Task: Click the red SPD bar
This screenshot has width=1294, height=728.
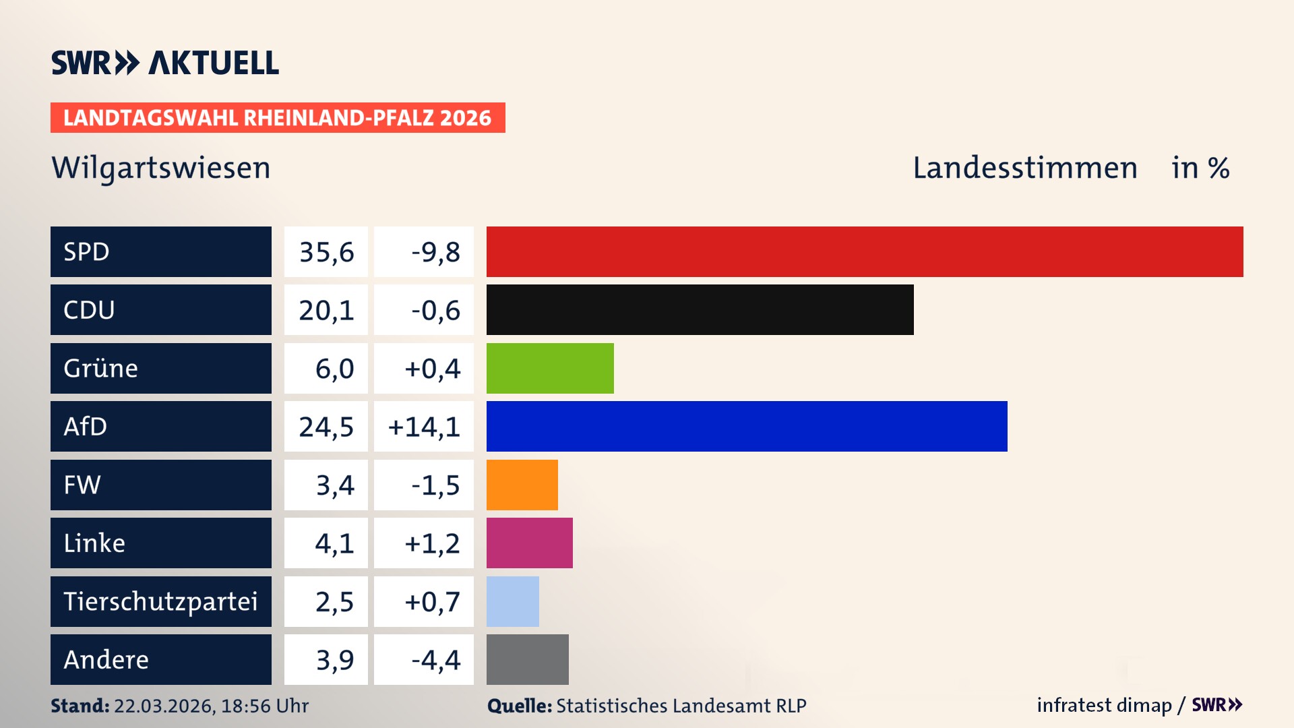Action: tap(865, 251)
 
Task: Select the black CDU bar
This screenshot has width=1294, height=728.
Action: tap(700, 309)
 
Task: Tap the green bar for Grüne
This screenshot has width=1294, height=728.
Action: tap(550, 368)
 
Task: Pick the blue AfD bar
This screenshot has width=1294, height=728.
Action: tap(747, 426)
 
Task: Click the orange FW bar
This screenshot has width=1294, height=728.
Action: tap(522, 485)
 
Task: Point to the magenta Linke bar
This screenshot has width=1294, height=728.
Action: tap(529, 543)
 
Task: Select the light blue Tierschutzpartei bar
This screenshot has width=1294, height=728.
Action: tap(512, 601)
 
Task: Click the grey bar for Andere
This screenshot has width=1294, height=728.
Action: tap(527, 659)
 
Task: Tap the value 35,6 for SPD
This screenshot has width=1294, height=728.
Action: tap(326, 252)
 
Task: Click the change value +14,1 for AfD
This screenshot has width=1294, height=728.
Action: tap(424, 427)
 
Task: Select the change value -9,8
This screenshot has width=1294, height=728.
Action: tap(435, 252)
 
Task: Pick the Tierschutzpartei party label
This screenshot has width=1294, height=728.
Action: tap(160, 601)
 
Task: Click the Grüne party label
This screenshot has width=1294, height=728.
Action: tap(101, 368)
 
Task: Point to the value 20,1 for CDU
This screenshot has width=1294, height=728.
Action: tap(326, 310)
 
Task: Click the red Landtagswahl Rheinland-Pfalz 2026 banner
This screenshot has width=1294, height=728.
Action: tap(277, 117)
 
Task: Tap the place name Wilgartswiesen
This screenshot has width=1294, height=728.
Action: tap(160, 168)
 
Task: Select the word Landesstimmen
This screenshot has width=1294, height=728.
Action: tap(1024, 168)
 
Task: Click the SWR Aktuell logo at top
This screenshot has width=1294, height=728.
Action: tap(164, 63)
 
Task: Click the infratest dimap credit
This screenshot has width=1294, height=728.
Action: tap(1104, 705)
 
